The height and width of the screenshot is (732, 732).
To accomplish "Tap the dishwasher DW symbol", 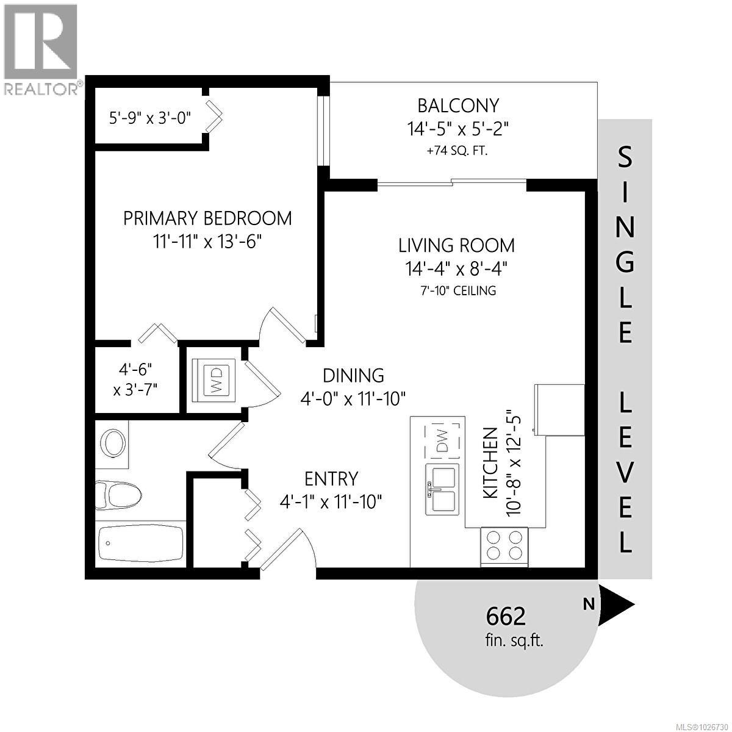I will pyautogui.click(x=442, y=440).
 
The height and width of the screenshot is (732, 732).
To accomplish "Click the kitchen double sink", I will pyautogui.click(x=443, y=489).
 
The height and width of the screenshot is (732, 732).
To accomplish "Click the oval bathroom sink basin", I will pyautogui.click(x=112, y=443).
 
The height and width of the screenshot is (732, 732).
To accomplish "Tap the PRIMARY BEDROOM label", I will pyautogui.click(x=207, y=218).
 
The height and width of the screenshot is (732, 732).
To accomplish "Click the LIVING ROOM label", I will pyautogui.click(x=456, y=245).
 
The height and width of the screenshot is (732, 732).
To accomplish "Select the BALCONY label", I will pyautogui.click(x=458, y=106).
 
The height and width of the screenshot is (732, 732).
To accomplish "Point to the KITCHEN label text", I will pyautogui.click(x=490, y=464).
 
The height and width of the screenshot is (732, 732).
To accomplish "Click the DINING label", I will pyautogui.click(x=353, y=375).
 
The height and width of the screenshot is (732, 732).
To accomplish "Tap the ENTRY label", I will pyautogui.click(x=331, y=478).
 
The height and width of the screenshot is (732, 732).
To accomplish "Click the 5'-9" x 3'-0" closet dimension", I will pyautogui.click(x=150, y=117).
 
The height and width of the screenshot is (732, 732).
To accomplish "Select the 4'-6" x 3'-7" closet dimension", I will pyautogui.click(x=135, y=379).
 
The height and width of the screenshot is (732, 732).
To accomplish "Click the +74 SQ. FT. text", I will pyautogui.click(x=457, y=150).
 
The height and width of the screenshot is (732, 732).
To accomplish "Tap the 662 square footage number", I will pyautogui.click(x=506, y=617).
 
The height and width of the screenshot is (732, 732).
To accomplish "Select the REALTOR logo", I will pyautogui.click(x=40, y=49).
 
